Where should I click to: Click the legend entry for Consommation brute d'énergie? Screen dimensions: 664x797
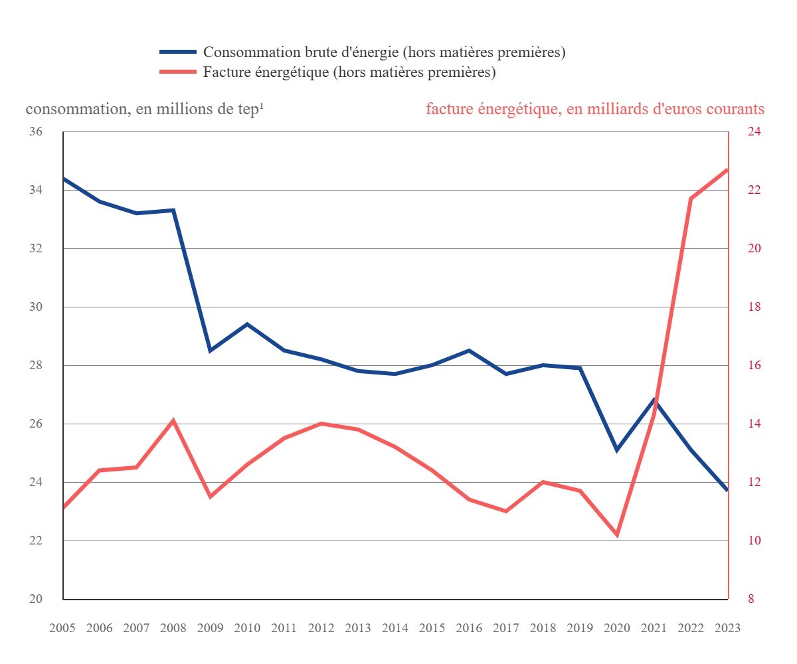(x=384, y=52)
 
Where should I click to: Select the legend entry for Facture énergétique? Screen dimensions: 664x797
(x=349, y=72)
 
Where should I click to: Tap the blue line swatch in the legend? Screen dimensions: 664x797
(x=178, y=52)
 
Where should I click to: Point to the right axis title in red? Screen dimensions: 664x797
(x=594, y=109)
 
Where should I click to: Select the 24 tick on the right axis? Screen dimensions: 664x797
(x=754, y=132)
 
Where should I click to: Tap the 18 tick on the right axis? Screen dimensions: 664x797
(x=754, y=307)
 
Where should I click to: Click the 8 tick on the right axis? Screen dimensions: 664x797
(x=751, y=599)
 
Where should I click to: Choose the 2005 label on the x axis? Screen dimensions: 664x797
(x=63, y=628)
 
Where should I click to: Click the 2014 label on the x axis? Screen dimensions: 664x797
(x=395, y=628)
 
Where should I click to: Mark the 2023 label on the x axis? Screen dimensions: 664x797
(x=727, y=628)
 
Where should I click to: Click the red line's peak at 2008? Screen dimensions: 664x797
(x=173, y=420)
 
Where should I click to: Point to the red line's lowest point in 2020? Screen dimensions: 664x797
(x=617, y=535)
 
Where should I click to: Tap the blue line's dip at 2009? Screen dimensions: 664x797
(x=211, y=350)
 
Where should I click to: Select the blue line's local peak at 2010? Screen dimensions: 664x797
(x=247, y=324)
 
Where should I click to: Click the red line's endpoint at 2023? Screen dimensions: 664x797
(x=727, y=169)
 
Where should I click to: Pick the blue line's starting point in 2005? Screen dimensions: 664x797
(x=64, y=179)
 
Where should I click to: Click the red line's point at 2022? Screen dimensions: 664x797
(x=691, y=199)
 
